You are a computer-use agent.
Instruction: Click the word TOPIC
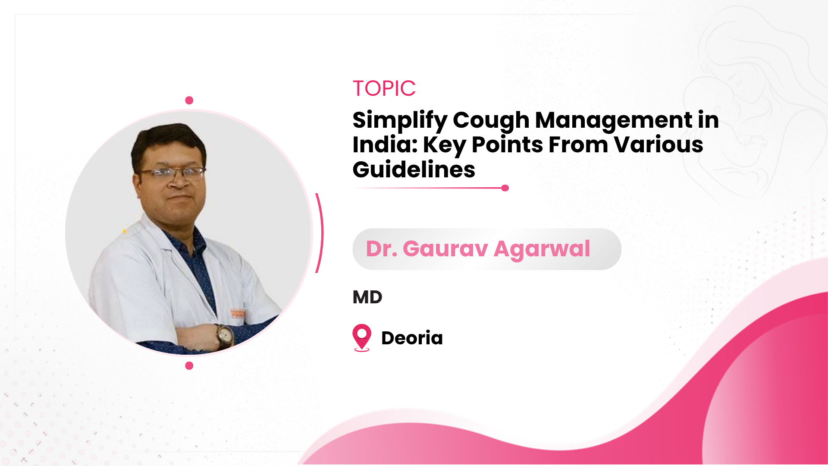[x=384, y=88]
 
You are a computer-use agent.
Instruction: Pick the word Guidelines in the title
[x=414, y=170]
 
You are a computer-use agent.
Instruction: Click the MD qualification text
[x=367, y=297]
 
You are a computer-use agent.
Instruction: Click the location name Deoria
[x=412, y=338]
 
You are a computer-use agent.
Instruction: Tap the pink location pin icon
[x=362, y=337]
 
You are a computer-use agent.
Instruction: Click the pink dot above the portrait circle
[x=189, y=101]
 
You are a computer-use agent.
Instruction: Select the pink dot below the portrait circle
[x=189, y=366]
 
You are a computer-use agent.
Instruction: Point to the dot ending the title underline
[x=505, y=188]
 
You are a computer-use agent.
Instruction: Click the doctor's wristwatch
[x=224, y=336]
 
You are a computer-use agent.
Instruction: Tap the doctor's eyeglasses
[x=172, y=173]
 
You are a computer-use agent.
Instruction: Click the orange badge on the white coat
[x=237, y=313]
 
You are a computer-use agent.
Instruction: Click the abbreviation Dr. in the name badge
[x=381, y=249]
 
